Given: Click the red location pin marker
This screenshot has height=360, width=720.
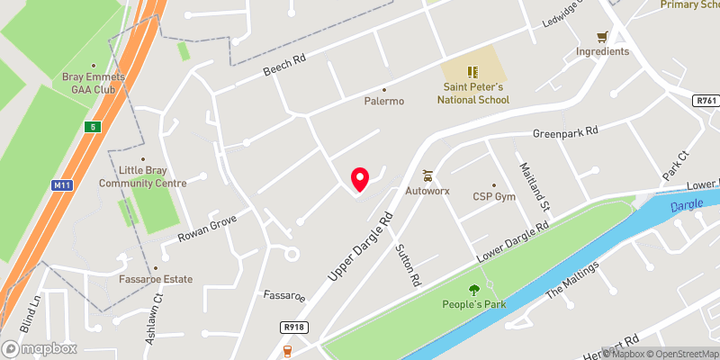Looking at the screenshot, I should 360,179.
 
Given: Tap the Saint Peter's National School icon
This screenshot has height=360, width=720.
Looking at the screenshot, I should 473,71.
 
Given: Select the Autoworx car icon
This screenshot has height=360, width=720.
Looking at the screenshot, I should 428,176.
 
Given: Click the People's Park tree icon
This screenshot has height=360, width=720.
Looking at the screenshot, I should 473,290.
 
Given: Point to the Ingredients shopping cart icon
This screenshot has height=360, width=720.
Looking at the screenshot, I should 603,37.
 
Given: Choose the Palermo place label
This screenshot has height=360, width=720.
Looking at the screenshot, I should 384,101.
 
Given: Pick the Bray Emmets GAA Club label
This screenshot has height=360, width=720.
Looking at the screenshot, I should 85,84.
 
